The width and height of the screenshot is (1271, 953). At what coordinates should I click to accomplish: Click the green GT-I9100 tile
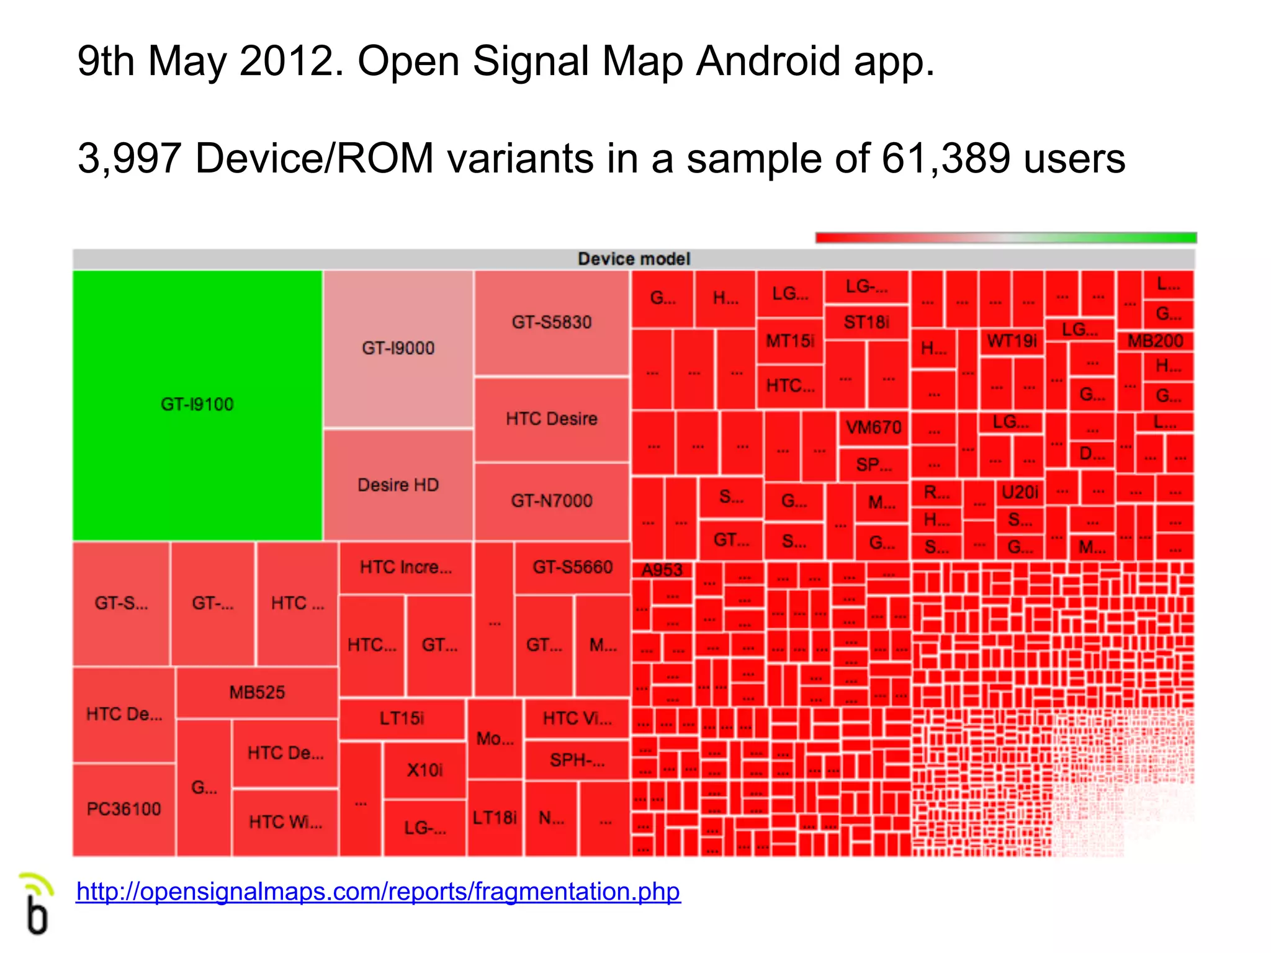[197, 405]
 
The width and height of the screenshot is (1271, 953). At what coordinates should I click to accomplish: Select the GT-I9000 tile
[398, 348]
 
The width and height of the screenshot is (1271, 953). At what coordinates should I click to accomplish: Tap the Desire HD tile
[398, 485]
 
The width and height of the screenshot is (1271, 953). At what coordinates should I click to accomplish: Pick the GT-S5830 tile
[552, 322]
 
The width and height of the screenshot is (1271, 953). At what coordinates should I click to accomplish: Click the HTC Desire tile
[552, 419]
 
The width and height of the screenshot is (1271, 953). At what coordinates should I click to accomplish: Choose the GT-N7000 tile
[552, 501]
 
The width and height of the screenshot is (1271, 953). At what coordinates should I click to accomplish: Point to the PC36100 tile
[124, 809]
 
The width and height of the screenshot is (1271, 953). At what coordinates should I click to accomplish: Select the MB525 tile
[257, 692]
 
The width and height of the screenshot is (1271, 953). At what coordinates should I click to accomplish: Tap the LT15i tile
[402, 718]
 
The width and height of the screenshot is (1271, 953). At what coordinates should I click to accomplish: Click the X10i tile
[424, 770]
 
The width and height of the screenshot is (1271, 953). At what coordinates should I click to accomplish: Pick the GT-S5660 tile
[572, 567]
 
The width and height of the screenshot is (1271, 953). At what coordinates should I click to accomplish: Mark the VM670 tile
[873, 427]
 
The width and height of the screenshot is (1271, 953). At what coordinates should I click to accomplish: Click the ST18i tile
[866, 322]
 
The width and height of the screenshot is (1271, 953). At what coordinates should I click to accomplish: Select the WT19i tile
[1012, 341]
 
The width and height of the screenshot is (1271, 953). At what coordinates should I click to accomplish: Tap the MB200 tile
[1155, 341]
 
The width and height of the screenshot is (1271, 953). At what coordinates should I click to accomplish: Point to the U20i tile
[1020, 492]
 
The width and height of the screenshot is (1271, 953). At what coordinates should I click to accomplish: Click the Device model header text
[634, 259]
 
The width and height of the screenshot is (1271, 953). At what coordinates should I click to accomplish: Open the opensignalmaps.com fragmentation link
[378, 892]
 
